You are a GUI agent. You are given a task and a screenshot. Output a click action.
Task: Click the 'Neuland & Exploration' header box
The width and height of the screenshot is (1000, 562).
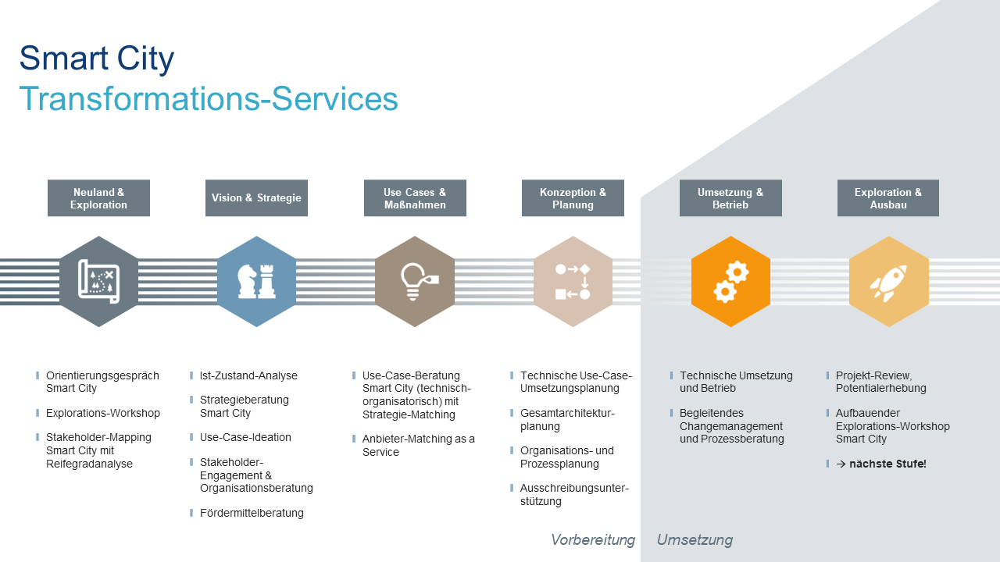[98, 198]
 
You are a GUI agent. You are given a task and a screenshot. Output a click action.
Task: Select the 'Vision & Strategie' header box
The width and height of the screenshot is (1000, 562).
[256, 198]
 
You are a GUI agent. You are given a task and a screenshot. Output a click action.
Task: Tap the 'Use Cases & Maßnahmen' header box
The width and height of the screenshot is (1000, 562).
[415, 198]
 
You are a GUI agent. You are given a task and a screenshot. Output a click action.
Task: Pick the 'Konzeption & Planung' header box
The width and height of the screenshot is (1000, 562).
[573, 198]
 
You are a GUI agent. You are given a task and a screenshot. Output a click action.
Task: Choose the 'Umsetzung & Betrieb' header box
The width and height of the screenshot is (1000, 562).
[730, 198]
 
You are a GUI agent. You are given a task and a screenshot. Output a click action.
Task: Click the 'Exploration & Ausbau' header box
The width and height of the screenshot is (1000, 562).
[888, 198]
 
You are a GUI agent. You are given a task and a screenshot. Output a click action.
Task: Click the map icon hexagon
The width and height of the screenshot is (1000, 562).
[98, 282]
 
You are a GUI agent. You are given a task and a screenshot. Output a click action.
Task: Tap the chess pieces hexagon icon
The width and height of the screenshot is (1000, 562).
[256, 282]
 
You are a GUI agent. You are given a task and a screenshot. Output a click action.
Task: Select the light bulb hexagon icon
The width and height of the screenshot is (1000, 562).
[415, 282]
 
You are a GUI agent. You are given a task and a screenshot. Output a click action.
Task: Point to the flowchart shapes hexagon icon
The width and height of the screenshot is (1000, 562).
[573, 282]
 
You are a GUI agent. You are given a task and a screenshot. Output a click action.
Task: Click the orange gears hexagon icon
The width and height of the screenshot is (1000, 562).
[730, 282]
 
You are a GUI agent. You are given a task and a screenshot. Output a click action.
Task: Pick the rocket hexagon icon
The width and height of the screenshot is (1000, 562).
[888, 282]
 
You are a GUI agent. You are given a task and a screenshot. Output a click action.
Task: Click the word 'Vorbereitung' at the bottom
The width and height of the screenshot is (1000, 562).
[592, 540]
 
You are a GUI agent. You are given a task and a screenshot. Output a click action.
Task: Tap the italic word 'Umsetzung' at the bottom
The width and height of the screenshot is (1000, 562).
[695, 540]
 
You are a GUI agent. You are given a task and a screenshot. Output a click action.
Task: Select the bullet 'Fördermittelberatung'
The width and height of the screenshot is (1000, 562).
[252, 513]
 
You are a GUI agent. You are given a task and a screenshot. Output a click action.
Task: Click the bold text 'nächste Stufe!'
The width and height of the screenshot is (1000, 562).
[887, 464]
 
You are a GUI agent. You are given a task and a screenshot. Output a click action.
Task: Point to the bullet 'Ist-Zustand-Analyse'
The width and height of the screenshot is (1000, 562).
[248, 375]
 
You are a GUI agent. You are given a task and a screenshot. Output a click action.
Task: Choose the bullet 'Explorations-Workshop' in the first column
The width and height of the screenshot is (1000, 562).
[103, 413]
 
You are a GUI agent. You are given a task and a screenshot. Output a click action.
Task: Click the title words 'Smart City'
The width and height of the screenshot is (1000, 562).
[97, 59]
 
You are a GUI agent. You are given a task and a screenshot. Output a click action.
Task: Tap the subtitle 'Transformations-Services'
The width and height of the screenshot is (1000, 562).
[209, 99]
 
